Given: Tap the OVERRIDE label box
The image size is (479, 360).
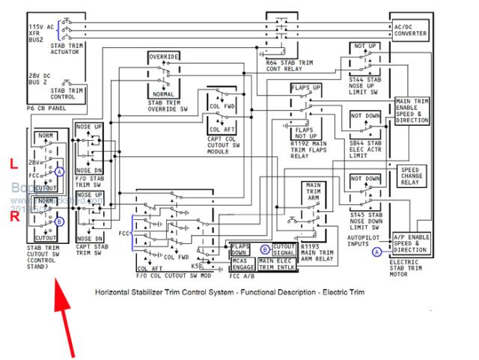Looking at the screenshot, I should click(163, 58).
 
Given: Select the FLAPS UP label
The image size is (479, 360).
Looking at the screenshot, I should click(306, 88).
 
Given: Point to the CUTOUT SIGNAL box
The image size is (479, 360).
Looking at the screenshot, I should click(284, 249).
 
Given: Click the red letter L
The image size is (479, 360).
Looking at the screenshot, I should click(13, 162).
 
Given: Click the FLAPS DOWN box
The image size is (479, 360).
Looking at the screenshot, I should click(241, 249).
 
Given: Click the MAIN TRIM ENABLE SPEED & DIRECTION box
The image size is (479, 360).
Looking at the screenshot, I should click(413, 109).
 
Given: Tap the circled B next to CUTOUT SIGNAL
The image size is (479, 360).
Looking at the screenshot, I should click(264, 249).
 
